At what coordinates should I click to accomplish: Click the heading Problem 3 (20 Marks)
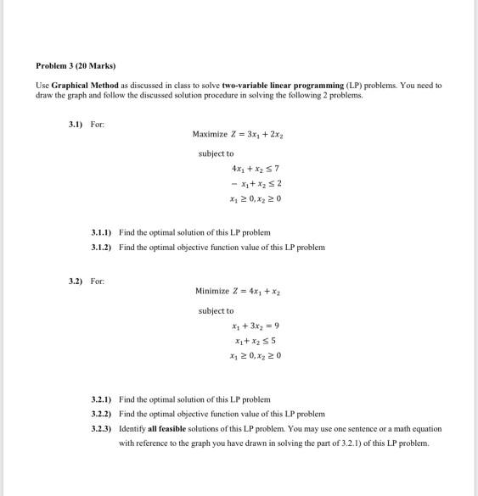coord(76,65)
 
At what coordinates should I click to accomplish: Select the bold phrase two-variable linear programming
coord(283,86)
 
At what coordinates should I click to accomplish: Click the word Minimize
coord(212,291)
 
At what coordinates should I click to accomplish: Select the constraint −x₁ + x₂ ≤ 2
coord(244,186)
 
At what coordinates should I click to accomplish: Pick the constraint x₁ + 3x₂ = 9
coord(250,326)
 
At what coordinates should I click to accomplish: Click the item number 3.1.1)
coord(102,231)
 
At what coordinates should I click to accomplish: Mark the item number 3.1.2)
coord(102,247)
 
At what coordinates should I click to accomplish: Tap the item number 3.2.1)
coord(102,398)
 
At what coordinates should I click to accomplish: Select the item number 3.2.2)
coord(102,413)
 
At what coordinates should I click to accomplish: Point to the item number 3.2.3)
coord(102,428)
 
